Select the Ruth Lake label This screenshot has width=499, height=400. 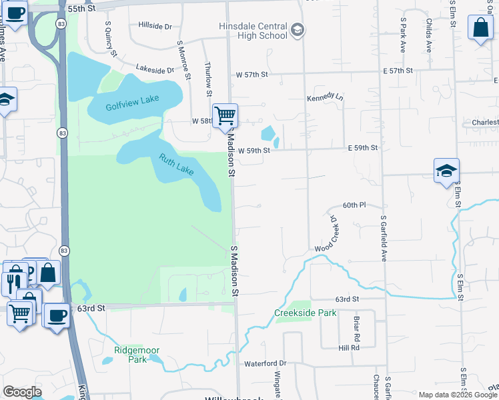tap(176, 165)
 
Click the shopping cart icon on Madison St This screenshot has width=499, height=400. tap(225, 117)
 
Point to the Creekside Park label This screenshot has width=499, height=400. tap(305, 313)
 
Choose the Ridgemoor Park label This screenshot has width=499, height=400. tap(130, 354)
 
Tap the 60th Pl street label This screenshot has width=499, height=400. tap(354, 205)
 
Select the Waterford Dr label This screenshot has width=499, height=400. tap(265, 363)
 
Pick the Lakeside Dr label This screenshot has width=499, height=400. tap(155, 69)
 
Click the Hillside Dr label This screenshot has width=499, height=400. tap(155, 26)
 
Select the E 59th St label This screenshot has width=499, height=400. tap(362, 148)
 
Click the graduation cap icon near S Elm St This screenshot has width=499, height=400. tap(446, 171)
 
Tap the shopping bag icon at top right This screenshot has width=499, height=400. tap(480, 28)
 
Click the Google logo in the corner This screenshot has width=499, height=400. tap(21, 392)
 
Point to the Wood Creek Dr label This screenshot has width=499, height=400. tap(331, 235)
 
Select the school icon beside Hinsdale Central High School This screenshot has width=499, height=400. tap(297, 31)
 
